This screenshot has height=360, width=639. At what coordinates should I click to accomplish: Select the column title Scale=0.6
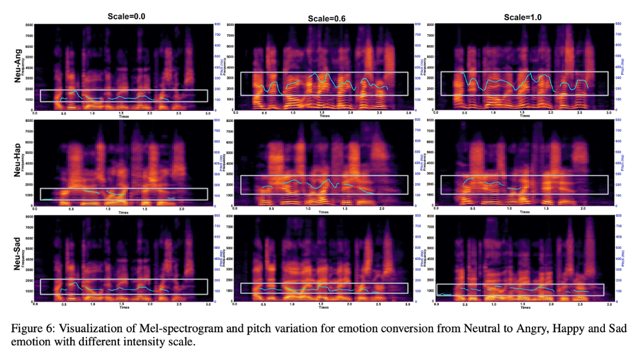pyautogui.click(x=326, y=19)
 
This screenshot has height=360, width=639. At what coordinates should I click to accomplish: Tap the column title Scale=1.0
pyautogui.click(x=522, y=17)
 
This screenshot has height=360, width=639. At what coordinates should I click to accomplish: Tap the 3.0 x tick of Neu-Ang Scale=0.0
pyautogui.click(x=207, y=113)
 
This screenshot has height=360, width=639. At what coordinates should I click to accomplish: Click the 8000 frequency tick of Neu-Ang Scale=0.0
pyautogui.click(x=29, y=25)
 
